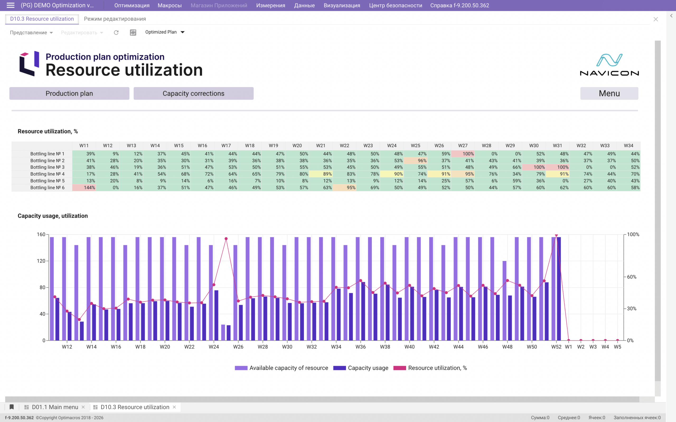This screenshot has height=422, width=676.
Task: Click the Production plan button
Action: [x=69, y=93]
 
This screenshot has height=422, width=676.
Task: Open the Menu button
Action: [x=609, y=93]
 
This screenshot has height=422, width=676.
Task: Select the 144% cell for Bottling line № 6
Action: [x=84, y=188]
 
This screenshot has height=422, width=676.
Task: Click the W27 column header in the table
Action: [x=463, y=145]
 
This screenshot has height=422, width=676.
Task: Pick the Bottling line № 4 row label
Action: [x=48, y=174]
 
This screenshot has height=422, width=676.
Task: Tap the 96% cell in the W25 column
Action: [x=415, y=160]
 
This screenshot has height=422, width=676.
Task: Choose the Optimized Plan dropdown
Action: [x=165, y=32]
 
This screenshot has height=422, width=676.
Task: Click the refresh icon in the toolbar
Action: [x=116, y=32]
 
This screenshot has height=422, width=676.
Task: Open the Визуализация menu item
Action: [x=342, y=5]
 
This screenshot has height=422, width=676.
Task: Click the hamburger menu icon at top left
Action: [x=10, y=5]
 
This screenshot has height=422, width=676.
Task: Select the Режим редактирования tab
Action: [x=115, y=19]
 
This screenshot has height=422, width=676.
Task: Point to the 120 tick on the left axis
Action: [x=41, y=261]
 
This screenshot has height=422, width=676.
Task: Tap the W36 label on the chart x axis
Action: [x=360, y=347]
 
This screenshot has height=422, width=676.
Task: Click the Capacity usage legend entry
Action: [x=361, y=368]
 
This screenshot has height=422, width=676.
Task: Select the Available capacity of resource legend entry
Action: [x=281, y=368]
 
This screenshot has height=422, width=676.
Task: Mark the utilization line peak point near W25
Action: [x=226, y=239]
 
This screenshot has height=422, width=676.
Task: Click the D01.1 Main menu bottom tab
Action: [x=55, y=407]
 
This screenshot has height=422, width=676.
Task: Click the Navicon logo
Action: [x=609, y=65]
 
